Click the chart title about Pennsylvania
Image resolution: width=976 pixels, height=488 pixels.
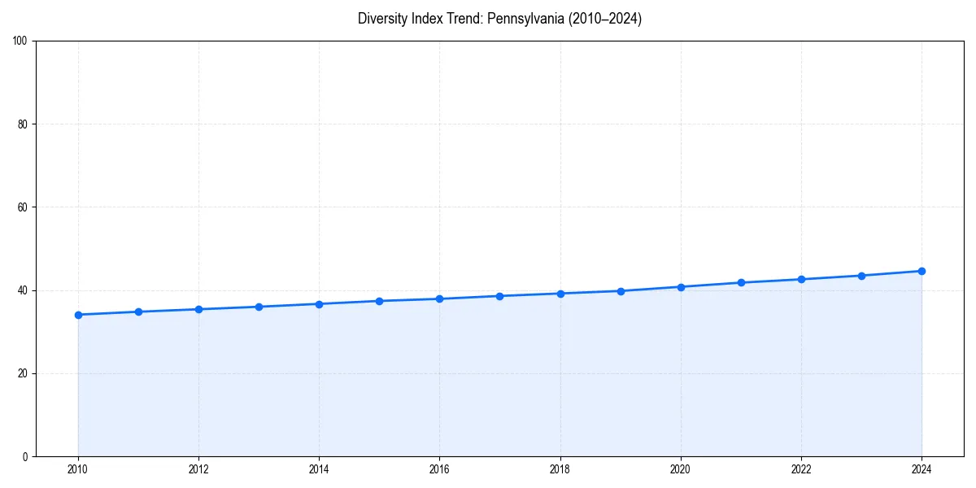[499, 19]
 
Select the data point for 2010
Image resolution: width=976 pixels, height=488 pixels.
[78, 315]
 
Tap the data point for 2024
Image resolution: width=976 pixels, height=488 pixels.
[922, 271]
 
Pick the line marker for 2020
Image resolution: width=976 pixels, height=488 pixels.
[681, 287]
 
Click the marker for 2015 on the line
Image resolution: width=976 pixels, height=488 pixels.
[379, 301]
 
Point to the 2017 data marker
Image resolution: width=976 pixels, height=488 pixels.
[499, 296]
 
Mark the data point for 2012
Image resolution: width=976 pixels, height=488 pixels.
[198, 309]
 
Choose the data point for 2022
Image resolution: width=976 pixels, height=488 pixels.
[801, 279]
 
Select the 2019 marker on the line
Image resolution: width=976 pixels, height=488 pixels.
[621, 291]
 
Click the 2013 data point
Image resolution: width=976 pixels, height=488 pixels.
[259, 307]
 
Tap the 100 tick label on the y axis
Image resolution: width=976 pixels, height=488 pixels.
[20, 41]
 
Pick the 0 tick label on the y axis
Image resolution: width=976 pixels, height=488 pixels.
[25, 456]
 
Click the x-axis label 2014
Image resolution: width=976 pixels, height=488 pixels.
[319, 469]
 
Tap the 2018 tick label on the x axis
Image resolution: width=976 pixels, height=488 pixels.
[560, 469]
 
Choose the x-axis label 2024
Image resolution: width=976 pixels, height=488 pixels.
[922, 469]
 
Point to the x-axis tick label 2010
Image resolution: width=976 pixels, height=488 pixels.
[78, 469]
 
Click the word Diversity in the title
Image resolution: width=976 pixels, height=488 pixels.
[381, 19]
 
